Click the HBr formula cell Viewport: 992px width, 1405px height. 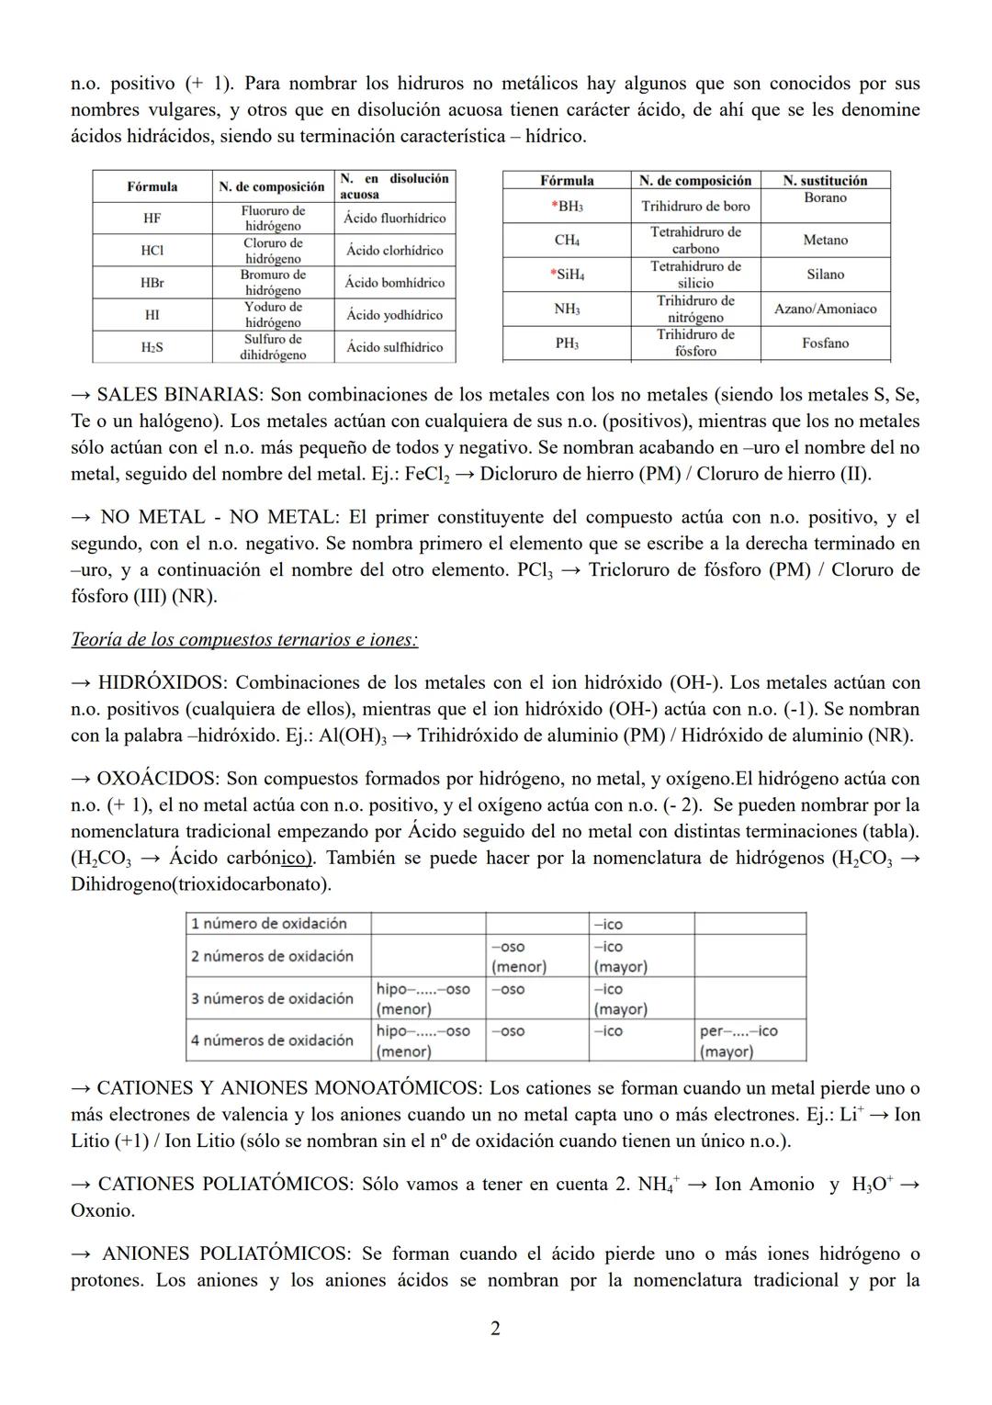(152, 283)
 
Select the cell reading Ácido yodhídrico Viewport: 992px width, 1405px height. (394, 315)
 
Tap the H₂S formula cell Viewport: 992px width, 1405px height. (152, 347)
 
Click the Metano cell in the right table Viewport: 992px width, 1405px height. (825, 240)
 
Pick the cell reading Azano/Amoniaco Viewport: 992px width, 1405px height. (825, 309)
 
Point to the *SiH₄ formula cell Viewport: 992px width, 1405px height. (567, 275)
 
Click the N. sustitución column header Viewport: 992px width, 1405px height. (825, 181)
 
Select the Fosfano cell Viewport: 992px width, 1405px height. (825, 343)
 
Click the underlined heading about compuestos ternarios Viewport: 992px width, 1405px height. (243, 639)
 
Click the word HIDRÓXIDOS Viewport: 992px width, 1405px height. (161, 682)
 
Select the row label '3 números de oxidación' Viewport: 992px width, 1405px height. (272, 998)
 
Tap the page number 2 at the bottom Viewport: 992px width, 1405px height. (495, 1328)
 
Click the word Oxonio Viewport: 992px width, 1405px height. (102, 1210)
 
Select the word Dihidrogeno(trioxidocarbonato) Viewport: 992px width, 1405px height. (201, 884)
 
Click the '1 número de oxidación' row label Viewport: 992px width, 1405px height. (269, 923)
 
